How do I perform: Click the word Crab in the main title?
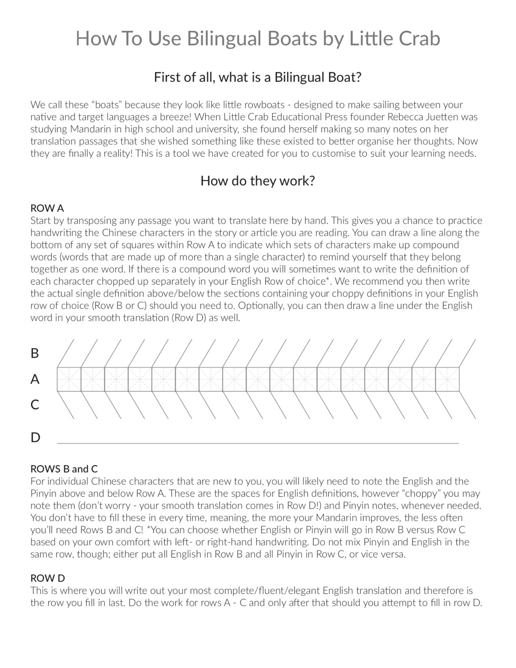419,39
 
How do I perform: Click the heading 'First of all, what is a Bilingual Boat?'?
257,77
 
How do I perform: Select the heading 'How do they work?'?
257,181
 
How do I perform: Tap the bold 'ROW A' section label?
47,208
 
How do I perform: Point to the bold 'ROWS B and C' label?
64,469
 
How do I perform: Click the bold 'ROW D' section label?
48,578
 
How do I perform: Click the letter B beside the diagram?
35,353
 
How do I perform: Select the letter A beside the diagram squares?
35,379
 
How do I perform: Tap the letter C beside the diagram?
35,405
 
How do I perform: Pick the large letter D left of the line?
35,438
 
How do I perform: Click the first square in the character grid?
69,379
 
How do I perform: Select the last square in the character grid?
447,379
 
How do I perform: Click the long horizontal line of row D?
258,443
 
